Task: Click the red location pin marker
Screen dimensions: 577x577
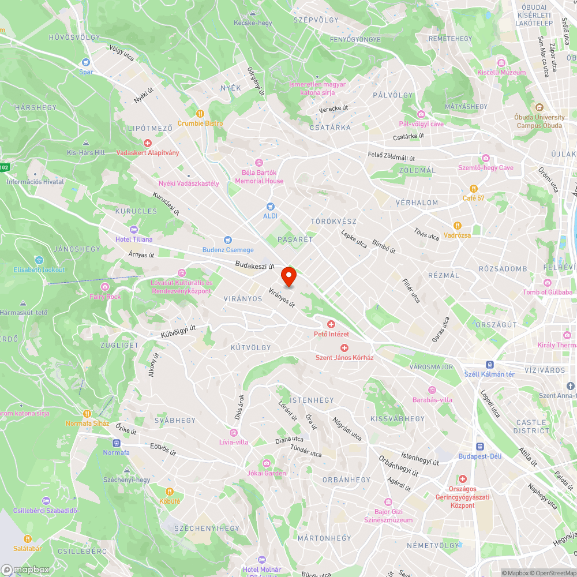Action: (288, 275)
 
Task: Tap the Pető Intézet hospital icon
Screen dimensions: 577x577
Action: (331, 324)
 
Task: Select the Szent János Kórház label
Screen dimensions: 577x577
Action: (344, 357)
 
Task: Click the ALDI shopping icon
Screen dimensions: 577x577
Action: (270, 207)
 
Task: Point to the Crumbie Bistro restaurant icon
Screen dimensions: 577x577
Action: (200, 114)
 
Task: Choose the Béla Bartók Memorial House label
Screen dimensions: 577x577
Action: (259, 177)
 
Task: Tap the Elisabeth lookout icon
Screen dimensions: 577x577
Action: (39, 260)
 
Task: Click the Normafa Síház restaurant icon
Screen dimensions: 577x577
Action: (87, 413)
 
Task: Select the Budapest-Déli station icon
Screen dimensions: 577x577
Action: (479, 446)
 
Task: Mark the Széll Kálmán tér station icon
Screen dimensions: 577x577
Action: (489, 365)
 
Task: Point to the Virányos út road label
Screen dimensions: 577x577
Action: (282, 297)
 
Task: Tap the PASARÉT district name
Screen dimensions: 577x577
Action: (295, 239)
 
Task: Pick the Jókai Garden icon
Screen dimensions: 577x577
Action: (267, 463)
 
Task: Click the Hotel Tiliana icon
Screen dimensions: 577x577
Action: (134, 230)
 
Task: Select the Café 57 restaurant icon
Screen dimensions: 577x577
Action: (473, 188)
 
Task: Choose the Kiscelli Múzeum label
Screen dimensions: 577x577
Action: (501, 72)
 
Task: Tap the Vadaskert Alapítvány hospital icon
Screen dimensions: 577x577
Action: (148, 143)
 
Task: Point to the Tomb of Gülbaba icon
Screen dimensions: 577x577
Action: (547, 282)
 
